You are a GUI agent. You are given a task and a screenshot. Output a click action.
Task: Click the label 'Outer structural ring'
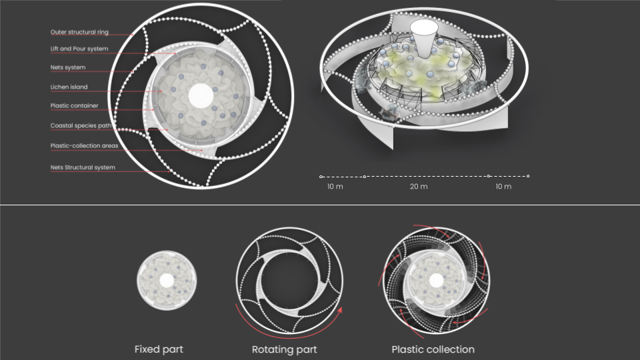[79, 32]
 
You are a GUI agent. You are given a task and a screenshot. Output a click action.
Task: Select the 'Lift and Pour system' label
[79, 49]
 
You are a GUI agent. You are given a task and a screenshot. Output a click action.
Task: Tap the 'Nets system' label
[68, 67]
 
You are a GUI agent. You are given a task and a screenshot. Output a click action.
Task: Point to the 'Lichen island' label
[69, 87]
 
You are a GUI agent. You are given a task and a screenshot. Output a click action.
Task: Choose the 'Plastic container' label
[74, 106]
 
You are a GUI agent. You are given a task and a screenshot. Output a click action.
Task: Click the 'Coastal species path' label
[81, 126]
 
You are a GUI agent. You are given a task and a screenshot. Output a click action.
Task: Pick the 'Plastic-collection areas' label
[84, 146]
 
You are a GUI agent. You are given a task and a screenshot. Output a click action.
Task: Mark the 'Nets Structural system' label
[83, 167]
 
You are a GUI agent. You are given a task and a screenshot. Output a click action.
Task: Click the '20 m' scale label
[419, 187]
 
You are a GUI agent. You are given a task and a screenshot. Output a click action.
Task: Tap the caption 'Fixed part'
[159, 349]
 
